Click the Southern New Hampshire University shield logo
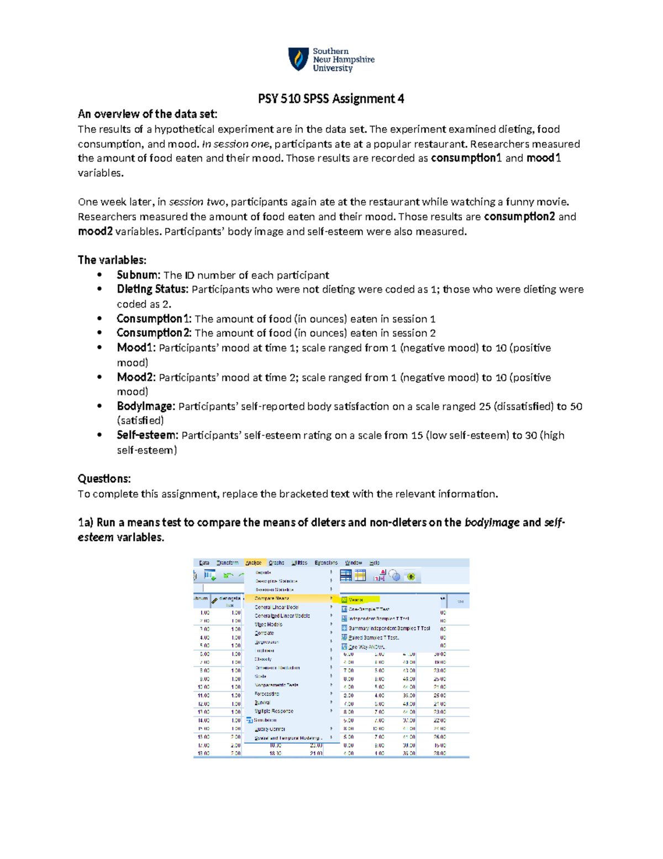pos(298,59)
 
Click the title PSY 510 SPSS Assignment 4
pos(331,99)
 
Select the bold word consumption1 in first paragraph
pos(466,158)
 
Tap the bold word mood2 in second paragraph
pos(95,232)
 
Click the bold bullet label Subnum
pos(138,275)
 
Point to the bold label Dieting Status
pos(152,289)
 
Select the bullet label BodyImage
pos(145,407)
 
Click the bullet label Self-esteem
pos(147,435)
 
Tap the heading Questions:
pos(104,478)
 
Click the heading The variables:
pos(112,260)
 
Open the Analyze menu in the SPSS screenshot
pos(254,563)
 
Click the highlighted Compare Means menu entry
pos(272,598)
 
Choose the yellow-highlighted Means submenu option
pos(356,600)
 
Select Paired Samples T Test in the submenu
pos(373,638)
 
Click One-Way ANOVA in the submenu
pos(366,647)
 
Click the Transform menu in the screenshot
pos(227,563)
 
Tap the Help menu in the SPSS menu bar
pos(375,563)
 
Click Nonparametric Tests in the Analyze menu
pos(276,685)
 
